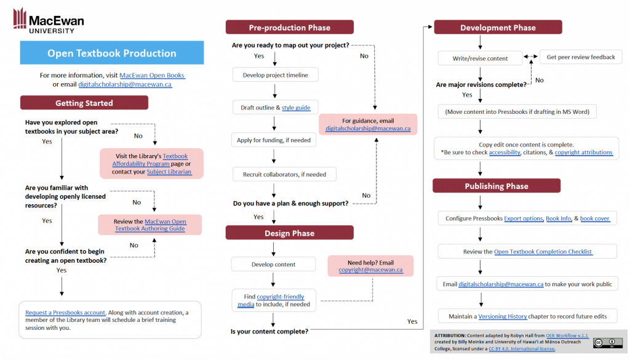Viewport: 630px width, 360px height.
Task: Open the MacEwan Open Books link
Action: pyautogui.click(x=152, y=75)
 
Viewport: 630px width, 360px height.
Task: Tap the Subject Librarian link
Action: pyautogui.click(x=169, y=172)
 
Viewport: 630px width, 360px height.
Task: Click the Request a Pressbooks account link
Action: pyautogui.click(x=65, y=313)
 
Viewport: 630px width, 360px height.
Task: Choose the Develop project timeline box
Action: pyautogui.click(x=275, y=75)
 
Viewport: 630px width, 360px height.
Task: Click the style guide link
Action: pyautogui.click(x=296, y=108)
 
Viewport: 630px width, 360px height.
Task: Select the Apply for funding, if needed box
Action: pyautogui.click(x=274, y=140)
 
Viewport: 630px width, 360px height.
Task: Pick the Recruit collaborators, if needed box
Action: pyautogui.click(x=284, y=174)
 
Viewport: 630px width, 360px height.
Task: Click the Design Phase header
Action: pyautogui.click(x=289, y=233)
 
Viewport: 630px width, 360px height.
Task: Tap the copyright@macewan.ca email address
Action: pyautogui.click(x=370, y=270)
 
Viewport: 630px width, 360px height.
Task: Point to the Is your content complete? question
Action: pyautogui.click(x=269, y=332)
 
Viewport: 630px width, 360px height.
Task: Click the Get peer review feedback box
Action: pyautogui.click(x=580, y=57)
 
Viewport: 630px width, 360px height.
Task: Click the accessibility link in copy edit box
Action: pyautogui.click(x=504, y=153)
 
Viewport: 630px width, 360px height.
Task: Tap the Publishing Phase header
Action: pyautogui.click(x=496, y=186)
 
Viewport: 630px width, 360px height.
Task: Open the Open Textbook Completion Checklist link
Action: pyautogui.click(x=543, y=252)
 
